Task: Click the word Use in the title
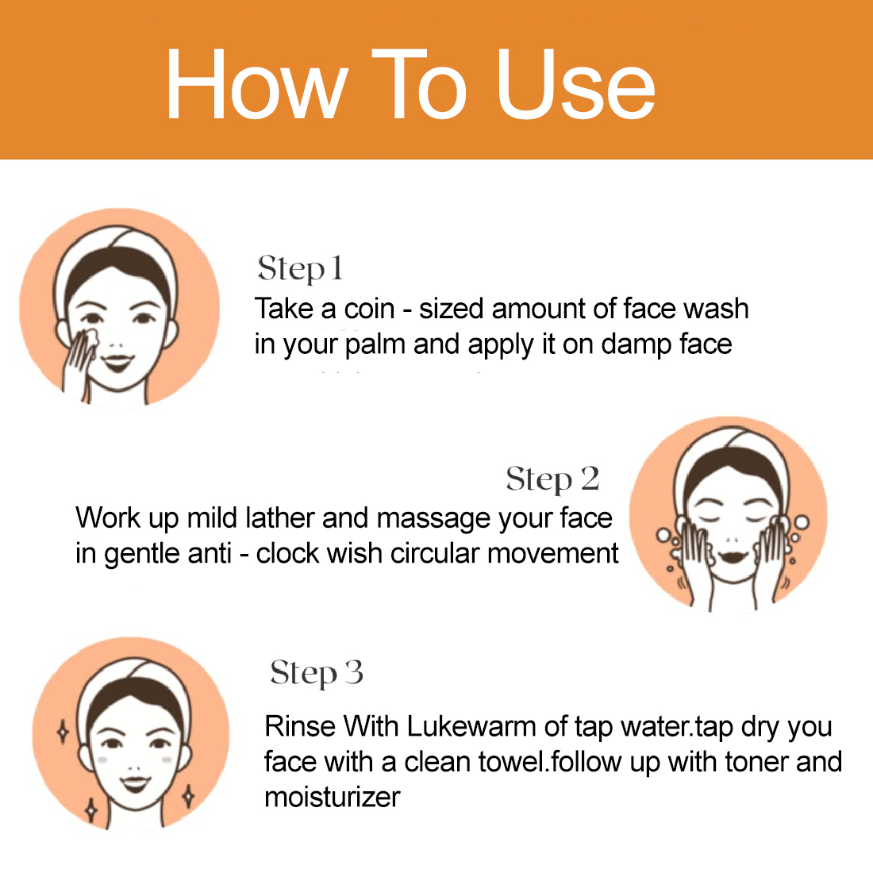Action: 575,85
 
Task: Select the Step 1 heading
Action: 299,268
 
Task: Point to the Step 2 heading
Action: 552,479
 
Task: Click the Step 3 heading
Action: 316,672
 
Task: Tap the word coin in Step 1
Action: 369,309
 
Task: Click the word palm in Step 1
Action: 375,345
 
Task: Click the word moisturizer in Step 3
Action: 333,798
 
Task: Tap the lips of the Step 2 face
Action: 733,557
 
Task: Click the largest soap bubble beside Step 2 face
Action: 802,523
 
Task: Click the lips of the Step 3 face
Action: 136,783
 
